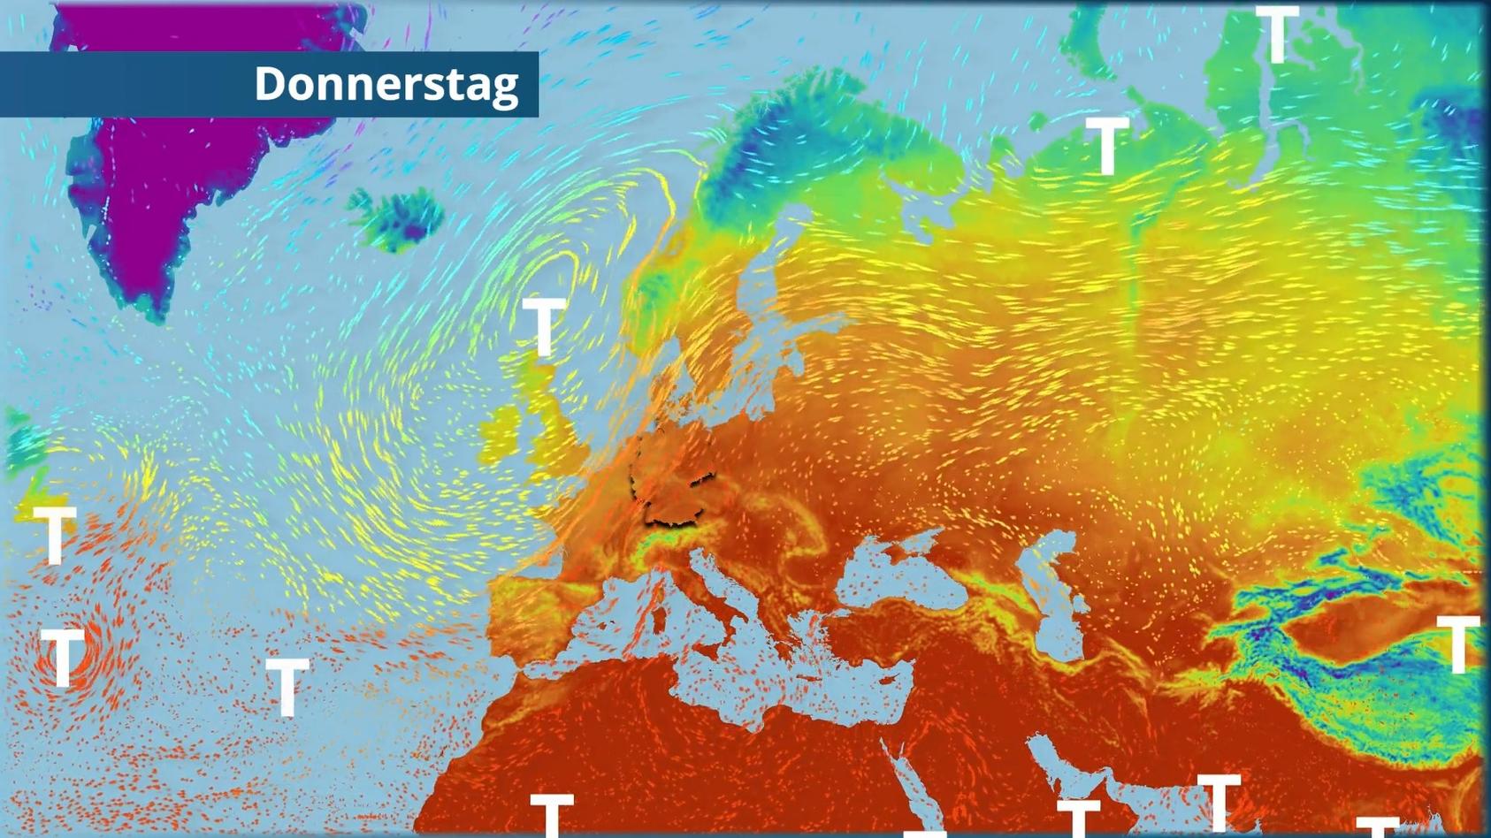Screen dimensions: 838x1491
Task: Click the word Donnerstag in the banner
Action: click(x=386, y=84)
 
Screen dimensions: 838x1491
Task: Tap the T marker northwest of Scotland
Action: click(x=544, y=326)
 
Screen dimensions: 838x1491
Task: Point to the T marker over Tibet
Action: click(x=1457, y=643)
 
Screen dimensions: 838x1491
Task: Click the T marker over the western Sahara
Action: click(x=552, y=813)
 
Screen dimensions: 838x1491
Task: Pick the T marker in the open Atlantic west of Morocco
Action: click(x=287, y=686)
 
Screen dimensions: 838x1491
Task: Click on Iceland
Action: click(x=396, y=217)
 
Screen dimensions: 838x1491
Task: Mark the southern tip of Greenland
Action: click(x=156, y=309)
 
